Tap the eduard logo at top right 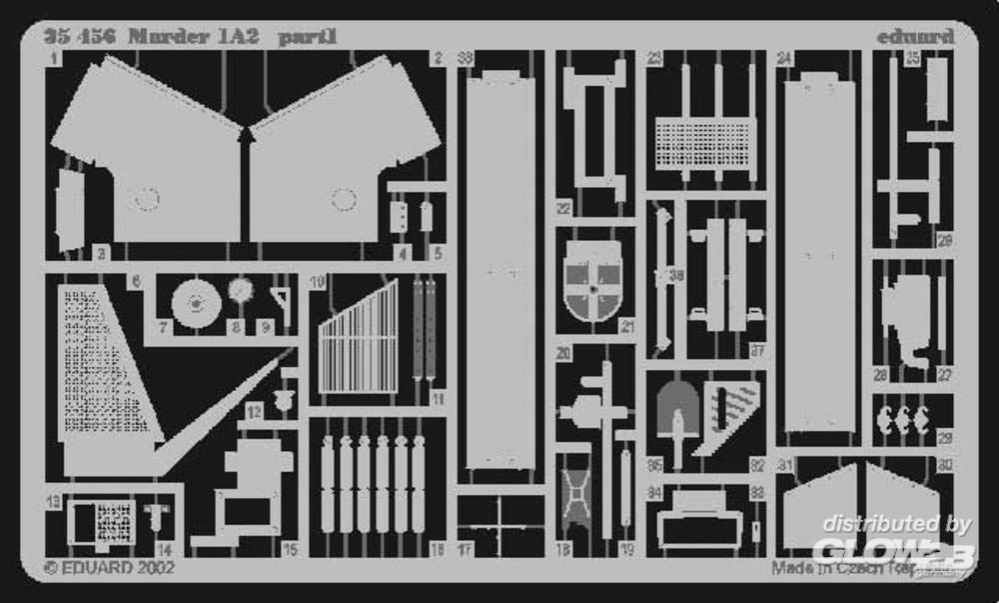(x=915, y=37)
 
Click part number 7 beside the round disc (x=163, y=326)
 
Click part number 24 (x=785, y=59)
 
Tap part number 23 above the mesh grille (x=653, y=59)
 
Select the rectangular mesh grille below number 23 (x=705, y=143)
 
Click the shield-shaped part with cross (x=593, y=283)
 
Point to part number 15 (x=290, y=548)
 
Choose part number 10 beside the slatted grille (x=318, y=283)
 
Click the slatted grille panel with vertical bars (x=359, y=338)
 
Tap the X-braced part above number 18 (x=575, y=494)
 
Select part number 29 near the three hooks (x=945, y=437)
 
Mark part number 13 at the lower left (x=53, y=500)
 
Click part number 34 (x=654, y=491)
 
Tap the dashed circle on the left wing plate (x=146, y=199)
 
